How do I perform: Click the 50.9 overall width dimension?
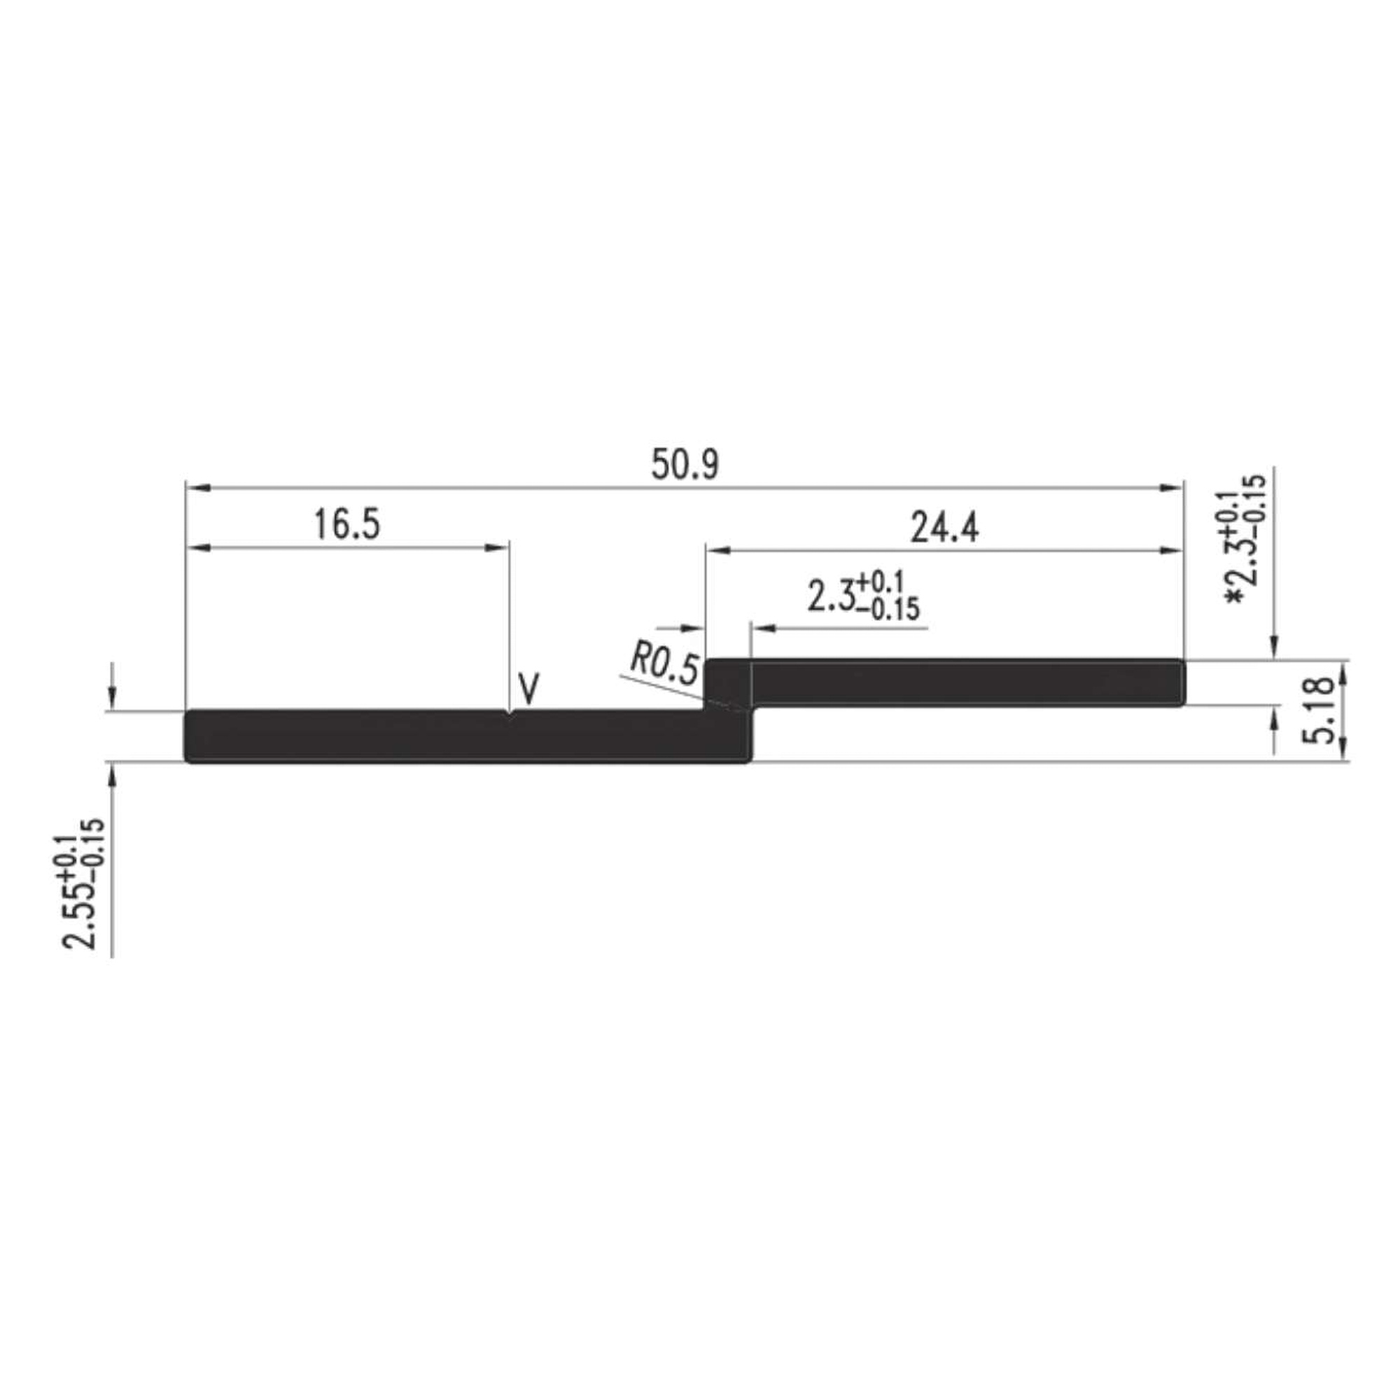685,465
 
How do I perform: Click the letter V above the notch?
530,688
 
